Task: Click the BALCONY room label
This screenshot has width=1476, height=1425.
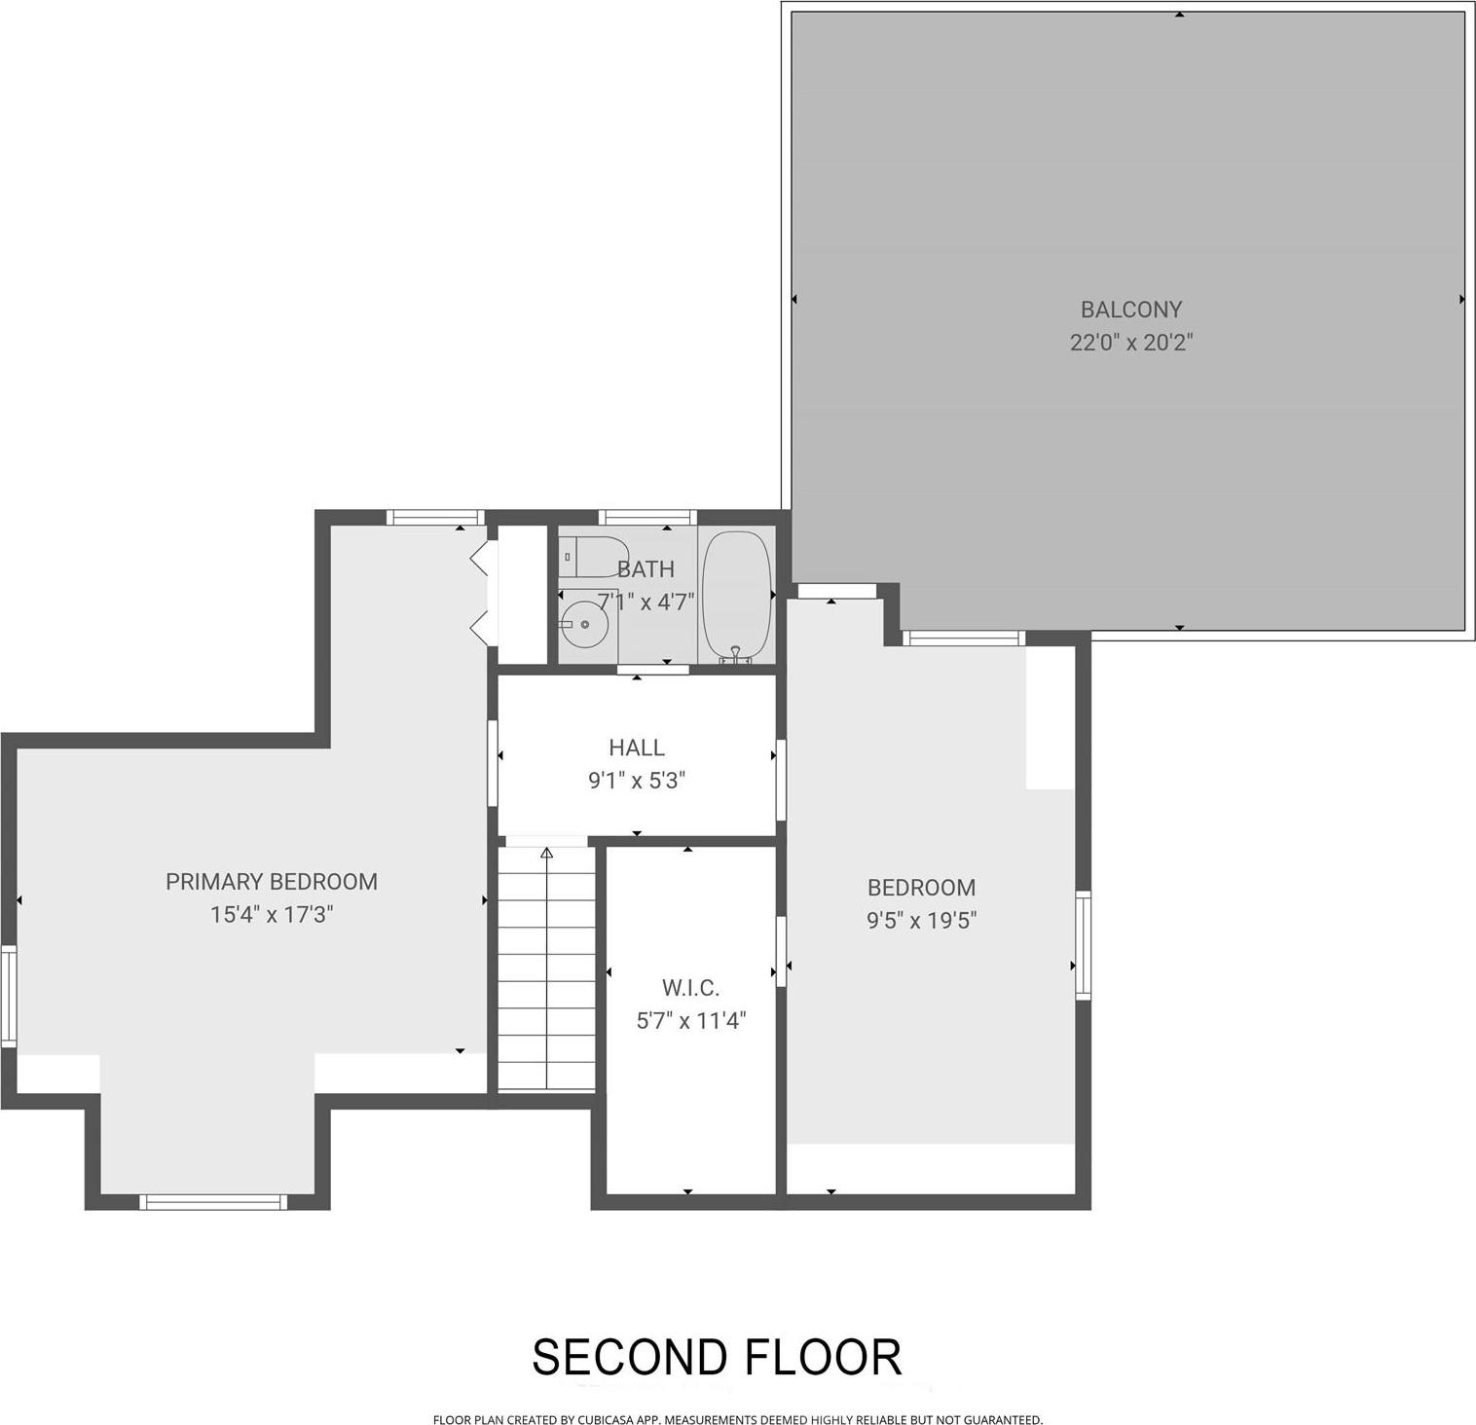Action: click(x=1130, y=310)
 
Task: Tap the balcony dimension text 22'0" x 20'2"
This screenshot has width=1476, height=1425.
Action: click(x=1130, y=343)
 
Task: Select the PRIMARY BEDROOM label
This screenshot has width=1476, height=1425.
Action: click(x=271, y=882)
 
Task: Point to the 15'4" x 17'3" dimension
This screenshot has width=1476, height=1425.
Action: click(x=272, y=915)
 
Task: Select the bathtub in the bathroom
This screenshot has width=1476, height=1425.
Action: click(x=737, y=596)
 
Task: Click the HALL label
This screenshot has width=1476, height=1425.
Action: click(x=637, y=748)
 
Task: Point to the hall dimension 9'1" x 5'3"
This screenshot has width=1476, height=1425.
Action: click(x=637, y=781)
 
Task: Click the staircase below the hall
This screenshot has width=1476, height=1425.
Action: click(x=546, y=973)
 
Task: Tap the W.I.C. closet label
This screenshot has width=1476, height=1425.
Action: click(x=690, y=988)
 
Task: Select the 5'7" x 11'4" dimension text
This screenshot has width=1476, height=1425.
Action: click(x=690, y=1021)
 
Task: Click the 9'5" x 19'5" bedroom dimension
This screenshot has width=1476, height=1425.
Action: click(x=921, y=921)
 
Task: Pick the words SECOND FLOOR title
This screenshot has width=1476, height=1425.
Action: click(x=717, y=1357)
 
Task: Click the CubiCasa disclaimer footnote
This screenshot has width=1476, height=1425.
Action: click(x=737, y=1420)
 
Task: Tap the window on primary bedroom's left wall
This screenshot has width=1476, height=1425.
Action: click(x=9, y=996)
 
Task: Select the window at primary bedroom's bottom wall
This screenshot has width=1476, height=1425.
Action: click(x=214, y=1202)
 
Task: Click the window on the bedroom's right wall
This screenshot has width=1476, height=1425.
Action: click(x=1083, y=944)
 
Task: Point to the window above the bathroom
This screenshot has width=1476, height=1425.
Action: click(x=647, y=517)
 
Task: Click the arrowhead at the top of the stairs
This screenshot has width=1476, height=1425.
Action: click(x=546, y=854)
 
